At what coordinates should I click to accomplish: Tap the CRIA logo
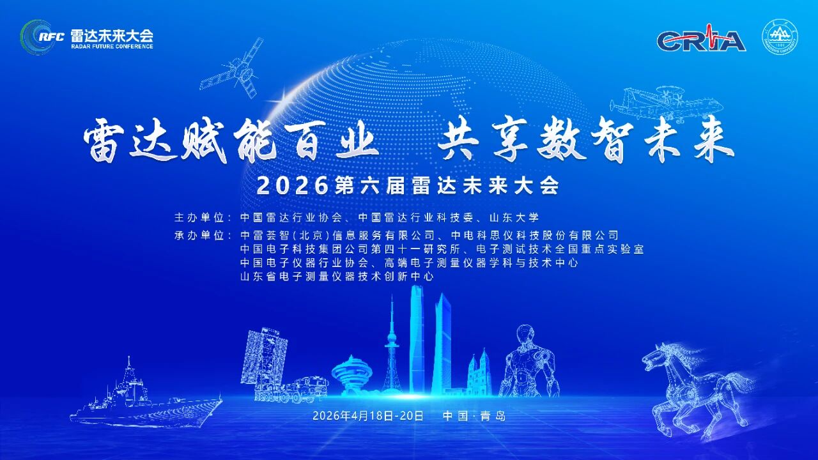701,40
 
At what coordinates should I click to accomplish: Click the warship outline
144,396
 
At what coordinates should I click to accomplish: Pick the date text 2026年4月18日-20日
368,415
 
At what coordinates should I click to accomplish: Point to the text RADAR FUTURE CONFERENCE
111,47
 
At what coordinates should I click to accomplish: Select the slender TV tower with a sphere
391,348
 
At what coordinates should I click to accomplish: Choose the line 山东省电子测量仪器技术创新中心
337,277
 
